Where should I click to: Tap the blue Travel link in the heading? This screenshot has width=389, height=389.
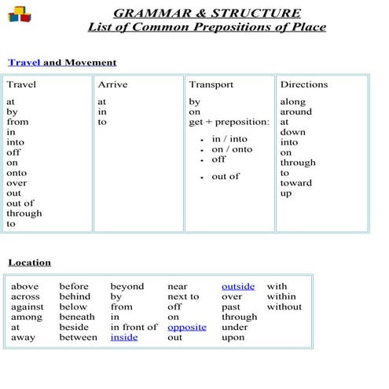[24, 62]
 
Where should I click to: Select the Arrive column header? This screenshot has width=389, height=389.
[112, 84]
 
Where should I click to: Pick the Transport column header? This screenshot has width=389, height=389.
[211, 84]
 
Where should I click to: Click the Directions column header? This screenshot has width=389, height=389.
[303, 84]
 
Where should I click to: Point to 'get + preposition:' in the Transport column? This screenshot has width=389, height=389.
[229, 122]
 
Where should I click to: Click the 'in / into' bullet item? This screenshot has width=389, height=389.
[229, 139]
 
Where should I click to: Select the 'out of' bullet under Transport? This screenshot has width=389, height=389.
[226, 176]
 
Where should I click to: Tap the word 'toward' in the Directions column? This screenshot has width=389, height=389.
[295, 183]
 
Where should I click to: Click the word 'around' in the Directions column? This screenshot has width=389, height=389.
[295, 112]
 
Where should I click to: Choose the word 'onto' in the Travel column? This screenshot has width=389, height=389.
[17, 173]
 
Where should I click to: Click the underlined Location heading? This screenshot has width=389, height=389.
[29, 262]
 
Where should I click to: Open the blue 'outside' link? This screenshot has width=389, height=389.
[238, 286]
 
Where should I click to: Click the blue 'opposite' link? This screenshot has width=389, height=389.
[187, 327]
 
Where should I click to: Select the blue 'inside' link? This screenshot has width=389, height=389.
[123, 337]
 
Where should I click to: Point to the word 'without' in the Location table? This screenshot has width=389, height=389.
[284, 306]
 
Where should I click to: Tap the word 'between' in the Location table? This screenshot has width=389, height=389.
[79, 337]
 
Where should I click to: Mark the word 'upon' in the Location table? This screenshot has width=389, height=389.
[233, 337]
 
